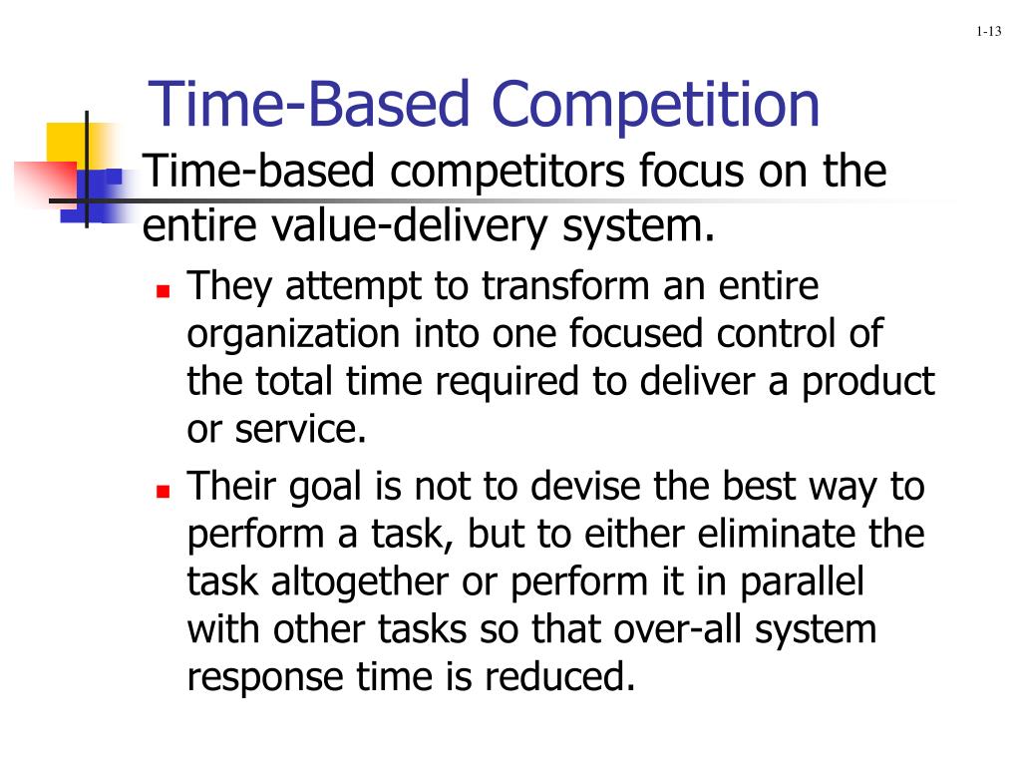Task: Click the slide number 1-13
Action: click(988, 32)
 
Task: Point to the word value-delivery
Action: click(414, 226)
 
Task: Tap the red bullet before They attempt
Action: click(164, 292)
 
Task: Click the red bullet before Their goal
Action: click(164, 491)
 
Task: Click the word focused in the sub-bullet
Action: click(636, 334)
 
